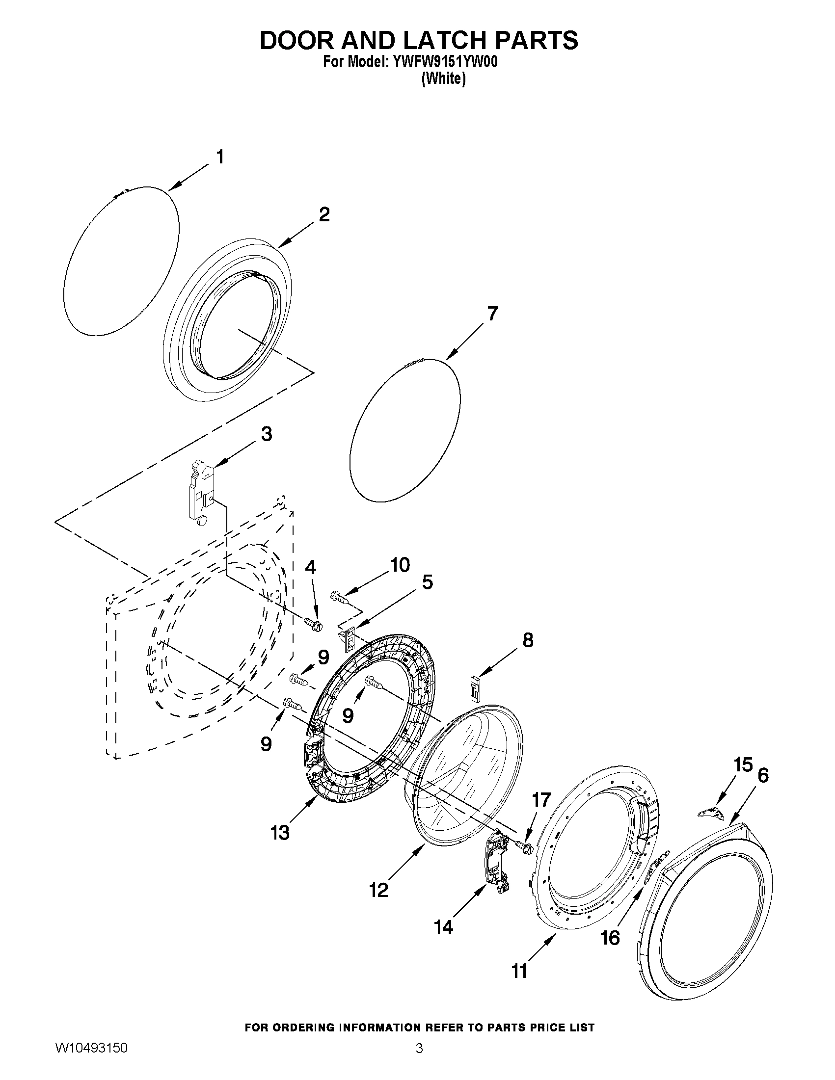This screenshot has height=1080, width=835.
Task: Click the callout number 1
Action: (219, 157)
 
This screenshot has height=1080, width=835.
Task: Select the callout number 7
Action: (492, 314)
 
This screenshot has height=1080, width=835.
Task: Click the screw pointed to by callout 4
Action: (313, 624)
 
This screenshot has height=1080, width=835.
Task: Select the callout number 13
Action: (280, 832)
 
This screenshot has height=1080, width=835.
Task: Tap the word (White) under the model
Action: (443, 79)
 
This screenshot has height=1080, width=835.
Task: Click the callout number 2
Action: (324, 214)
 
